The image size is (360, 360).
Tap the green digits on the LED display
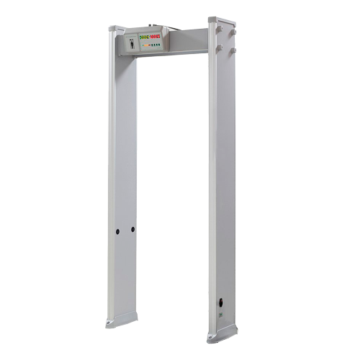(x=145, y=37)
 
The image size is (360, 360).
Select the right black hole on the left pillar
(x=132, y=230)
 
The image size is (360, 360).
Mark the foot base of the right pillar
(x=222, y=333)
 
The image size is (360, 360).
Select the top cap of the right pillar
(x=222, y=20)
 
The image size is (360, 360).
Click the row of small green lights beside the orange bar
(x=156, y=45)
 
